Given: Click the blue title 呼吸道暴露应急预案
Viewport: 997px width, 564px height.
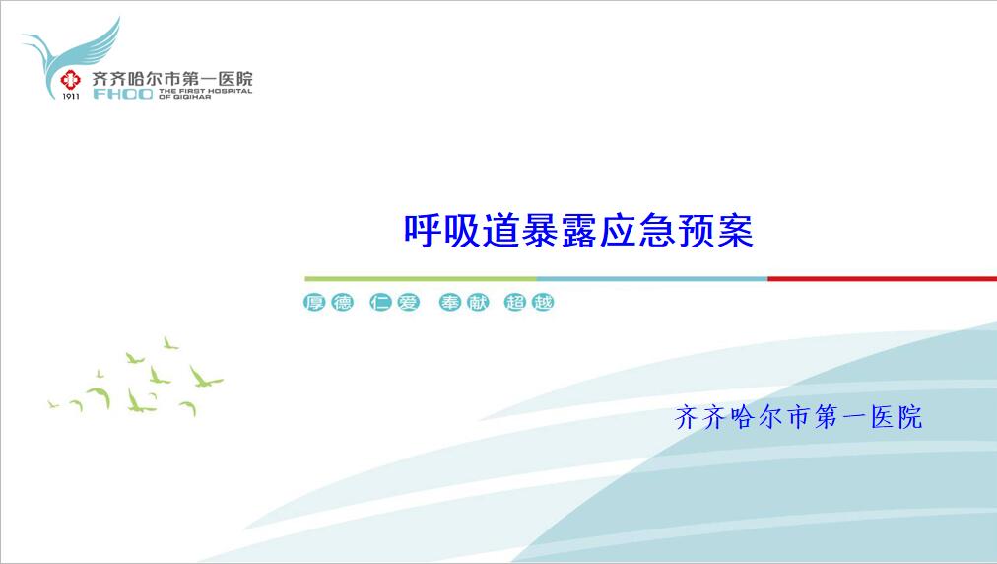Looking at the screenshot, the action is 578,231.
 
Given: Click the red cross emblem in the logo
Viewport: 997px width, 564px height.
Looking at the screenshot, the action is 71,80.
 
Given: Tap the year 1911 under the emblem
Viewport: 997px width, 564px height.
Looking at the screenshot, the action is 71,96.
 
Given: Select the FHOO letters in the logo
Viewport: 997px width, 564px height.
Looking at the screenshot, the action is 123,95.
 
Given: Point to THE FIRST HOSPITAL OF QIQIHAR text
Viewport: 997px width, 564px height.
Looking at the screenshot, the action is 205,94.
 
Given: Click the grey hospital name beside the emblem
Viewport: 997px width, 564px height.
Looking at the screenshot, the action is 172,78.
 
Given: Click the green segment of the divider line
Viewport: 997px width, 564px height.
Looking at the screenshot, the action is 421,278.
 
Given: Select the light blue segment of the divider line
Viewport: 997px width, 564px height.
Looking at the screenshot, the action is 652,278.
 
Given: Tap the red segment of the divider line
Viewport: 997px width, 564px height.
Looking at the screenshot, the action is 882,278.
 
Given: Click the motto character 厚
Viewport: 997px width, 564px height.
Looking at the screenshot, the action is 314,302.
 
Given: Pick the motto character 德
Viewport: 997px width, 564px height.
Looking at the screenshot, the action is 342,302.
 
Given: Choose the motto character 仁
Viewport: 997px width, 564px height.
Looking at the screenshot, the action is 380,302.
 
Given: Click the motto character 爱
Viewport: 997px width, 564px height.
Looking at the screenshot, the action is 408,302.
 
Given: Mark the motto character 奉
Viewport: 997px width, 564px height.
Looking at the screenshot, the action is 449,302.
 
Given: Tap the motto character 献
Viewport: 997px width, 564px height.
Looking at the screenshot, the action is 478,302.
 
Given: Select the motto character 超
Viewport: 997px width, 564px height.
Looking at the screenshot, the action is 515,302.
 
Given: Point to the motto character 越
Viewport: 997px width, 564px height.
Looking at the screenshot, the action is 543,302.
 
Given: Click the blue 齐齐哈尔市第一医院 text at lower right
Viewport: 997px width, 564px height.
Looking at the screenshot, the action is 799,418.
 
